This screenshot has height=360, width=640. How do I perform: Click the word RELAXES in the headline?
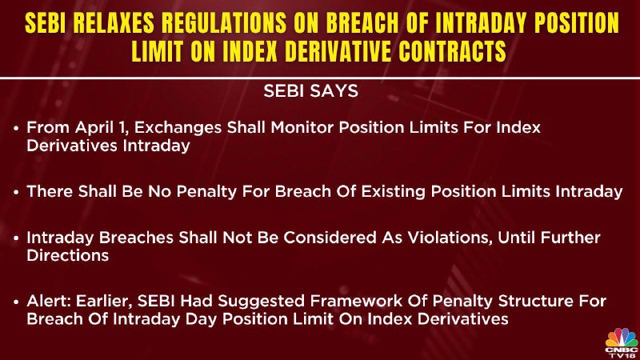click(114, 23)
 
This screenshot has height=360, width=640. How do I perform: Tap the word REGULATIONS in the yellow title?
click(224, 23)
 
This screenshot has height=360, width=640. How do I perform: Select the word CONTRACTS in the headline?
click(452, 51)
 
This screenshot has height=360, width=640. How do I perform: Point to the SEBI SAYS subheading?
click(310, 91)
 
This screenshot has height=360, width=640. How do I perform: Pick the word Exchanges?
click(178, 128)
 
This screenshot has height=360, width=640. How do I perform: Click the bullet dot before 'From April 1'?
click(16, 128)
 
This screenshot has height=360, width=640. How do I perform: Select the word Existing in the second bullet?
click(394, 191)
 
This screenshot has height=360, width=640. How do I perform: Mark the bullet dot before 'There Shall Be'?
click(16, 192)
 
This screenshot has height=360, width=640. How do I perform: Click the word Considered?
click(330, 238)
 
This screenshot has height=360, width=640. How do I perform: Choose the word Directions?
click(68, 255)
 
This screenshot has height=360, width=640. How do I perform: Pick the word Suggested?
click(262, 302)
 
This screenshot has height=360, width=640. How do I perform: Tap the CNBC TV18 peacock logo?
click(622, 343)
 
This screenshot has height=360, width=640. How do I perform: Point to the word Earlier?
click(104, 302)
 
